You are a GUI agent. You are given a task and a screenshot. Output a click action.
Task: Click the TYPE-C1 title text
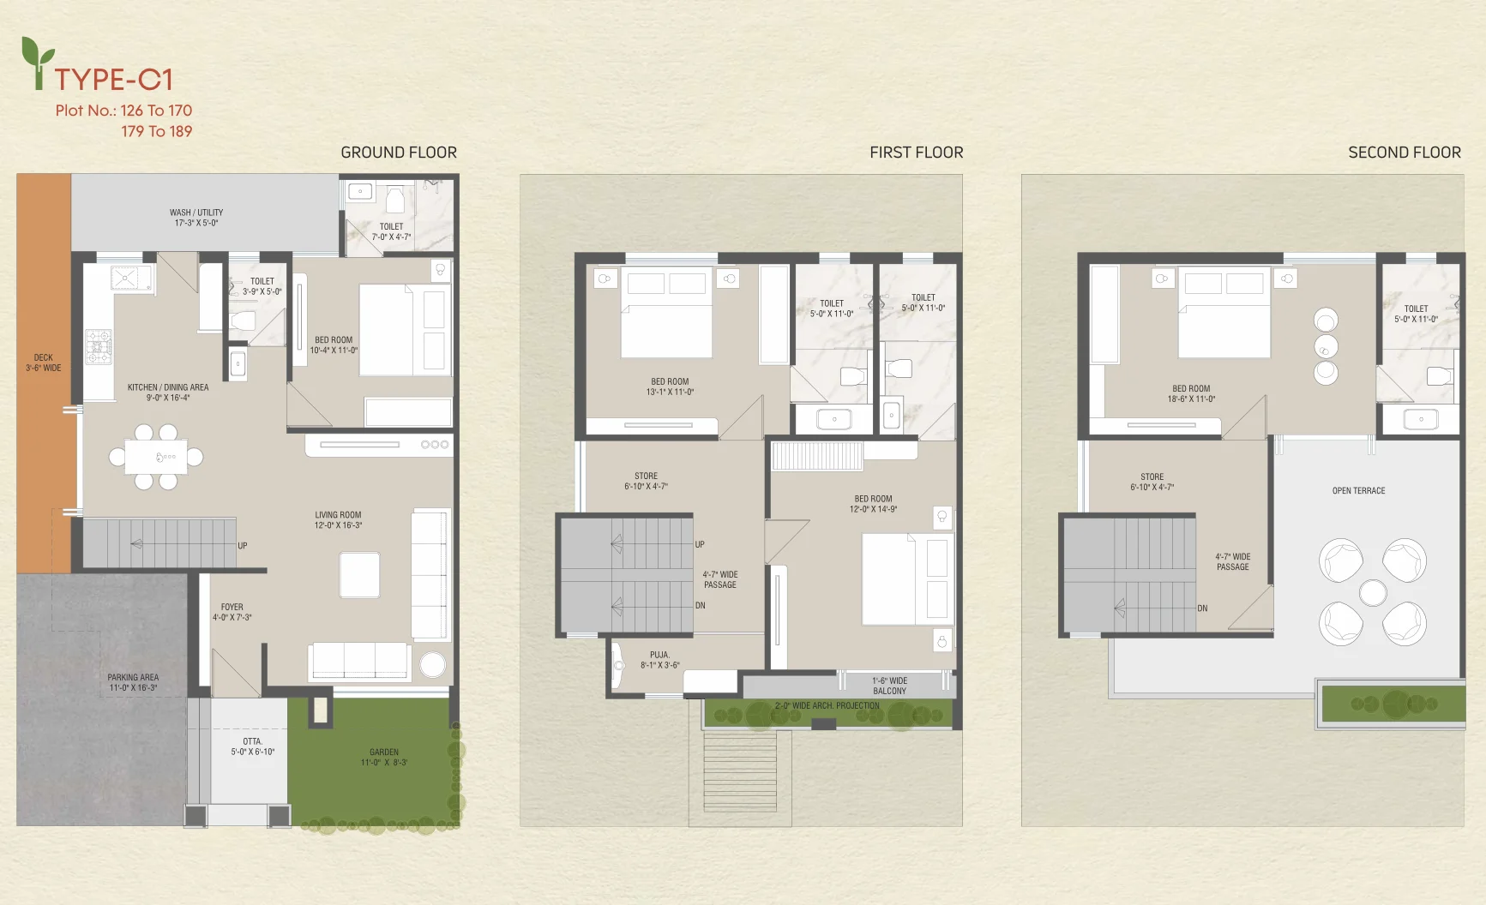114,80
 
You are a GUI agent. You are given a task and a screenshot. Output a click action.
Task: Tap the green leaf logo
37,62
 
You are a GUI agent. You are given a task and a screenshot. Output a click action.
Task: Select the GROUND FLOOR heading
399,153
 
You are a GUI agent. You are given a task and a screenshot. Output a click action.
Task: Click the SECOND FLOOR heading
1405,153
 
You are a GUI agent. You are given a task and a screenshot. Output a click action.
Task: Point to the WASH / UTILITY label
196,213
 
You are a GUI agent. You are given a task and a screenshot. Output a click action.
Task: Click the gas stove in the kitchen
99,347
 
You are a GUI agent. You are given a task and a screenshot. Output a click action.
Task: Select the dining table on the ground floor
156,457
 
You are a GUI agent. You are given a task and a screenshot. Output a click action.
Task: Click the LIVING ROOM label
338,515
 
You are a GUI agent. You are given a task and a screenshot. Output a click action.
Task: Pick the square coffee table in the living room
359,574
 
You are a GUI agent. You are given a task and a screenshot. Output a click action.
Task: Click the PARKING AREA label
133,677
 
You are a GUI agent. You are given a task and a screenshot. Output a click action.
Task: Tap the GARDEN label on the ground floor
384,752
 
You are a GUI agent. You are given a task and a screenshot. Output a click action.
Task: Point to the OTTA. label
252,741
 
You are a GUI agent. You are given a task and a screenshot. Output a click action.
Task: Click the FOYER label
232,607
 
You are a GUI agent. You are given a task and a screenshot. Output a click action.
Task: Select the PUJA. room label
659,655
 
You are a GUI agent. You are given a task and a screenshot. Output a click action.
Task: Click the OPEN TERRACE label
1358,491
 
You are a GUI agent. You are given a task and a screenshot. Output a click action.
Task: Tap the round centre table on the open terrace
1373,593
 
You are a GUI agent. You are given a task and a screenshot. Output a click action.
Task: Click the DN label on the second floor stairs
1202,608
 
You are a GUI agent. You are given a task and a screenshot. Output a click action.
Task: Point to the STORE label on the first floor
646,476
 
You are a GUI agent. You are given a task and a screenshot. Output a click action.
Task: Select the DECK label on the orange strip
43,357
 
